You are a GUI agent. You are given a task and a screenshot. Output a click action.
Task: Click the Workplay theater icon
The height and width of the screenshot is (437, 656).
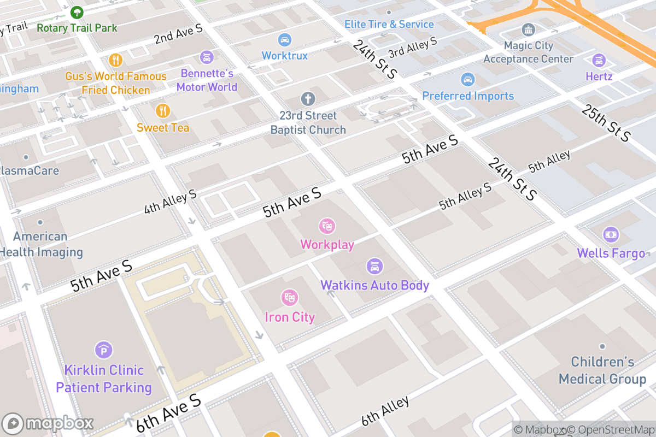(327, 225)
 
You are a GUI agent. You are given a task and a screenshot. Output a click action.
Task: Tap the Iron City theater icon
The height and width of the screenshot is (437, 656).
(289, 298)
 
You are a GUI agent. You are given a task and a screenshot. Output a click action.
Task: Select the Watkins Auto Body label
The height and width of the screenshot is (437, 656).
(374, 285)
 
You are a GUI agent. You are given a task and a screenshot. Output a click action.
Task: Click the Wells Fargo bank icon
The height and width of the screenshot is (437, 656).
(611, 235)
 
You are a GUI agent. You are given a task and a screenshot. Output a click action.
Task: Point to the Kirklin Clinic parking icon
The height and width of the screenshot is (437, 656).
(103, 350)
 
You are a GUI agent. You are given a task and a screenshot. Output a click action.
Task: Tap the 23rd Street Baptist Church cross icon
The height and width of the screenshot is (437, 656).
(308, 99)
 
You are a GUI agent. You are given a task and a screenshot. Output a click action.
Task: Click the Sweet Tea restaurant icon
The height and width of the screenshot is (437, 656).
(162, 111)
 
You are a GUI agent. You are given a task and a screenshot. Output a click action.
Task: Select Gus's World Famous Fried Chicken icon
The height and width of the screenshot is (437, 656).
(115, 59)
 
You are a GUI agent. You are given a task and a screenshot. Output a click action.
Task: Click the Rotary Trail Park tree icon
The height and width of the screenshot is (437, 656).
(77, 11)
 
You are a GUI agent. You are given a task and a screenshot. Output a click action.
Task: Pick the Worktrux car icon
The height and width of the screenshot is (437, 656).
(284, 39)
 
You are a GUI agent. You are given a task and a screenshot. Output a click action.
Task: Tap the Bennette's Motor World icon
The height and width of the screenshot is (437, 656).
(207, 57)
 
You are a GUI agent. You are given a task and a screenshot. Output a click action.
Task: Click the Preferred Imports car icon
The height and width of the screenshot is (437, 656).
(467, 80)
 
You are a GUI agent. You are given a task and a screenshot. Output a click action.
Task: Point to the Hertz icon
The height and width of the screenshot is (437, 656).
(599, 60)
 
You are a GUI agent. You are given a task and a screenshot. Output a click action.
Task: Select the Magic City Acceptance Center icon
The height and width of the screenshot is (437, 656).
(528, 29)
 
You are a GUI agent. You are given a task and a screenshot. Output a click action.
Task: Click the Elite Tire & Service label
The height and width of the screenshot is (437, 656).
(389, 25)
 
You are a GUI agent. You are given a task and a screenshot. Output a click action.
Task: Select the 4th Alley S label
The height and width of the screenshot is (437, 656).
(170, 202)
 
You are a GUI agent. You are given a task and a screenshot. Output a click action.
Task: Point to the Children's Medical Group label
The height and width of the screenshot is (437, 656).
(602, 370)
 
